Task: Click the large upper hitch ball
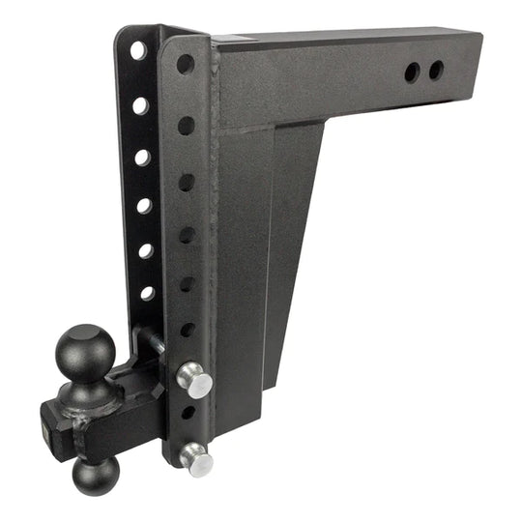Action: tap(85, 349)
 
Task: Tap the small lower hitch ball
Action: tap(94, 475)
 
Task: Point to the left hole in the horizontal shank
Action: tap(413, 72)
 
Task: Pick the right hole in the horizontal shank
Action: tap(436, 70)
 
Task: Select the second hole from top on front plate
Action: tap(186, 125)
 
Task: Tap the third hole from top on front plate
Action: tap(187, 182)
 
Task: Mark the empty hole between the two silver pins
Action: tap(188, 413)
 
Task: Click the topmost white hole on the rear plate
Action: tap(138, 49)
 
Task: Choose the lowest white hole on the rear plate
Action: tap(147, 292)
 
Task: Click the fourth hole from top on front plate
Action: tap(188, 235)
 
